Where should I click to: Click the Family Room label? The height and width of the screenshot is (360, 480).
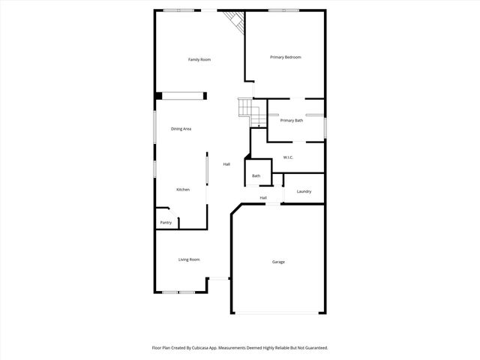point(199,59)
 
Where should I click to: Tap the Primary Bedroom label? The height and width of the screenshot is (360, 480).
point(285,57)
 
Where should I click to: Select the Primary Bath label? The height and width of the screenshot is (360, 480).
point(291,121)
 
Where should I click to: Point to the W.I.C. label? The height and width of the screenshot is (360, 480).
point(288,157)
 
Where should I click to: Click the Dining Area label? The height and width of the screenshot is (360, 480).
point(181,129)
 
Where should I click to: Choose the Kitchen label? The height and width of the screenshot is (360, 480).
point(183,190)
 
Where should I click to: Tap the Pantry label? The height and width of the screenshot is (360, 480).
point(166,223)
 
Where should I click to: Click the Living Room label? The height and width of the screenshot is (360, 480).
point(189,259)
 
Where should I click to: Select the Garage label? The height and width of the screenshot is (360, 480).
point(278,262)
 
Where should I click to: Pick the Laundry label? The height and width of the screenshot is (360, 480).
point(304,192)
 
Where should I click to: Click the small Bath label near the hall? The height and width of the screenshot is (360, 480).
point(256,176)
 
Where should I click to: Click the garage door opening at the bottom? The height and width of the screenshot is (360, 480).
point(278,313)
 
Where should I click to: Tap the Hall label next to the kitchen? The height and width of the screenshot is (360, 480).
point(226,164)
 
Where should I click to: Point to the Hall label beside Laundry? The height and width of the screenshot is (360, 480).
point(263,198)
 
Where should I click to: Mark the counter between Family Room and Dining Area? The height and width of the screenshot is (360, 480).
point(181,95)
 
